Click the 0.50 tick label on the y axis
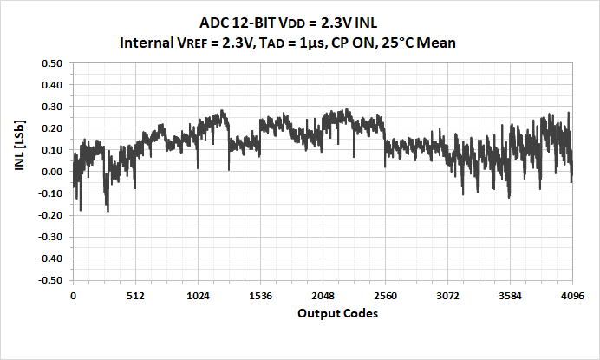click(x=52, y=63)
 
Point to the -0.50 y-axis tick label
click(x=50, y=281)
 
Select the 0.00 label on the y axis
click(x=52, y=172)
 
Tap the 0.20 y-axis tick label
click(x=52, y=128)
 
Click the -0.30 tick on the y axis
click(x=50, y=238)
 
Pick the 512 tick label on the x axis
click(x=135, y=296)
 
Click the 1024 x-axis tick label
click(x=198, y=296)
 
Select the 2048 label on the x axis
click(x=323, y=296)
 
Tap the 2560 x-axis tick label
click(x=385, y=296)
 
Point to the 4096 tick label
click(x=572, y=296)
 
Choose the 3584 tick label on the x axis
click(x=510, y=296)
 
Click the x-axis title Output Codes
click(x=337, y=313)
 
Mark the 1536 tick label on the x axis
click(x=260, y=296)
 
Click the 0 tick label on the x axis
click(x=74, y=296)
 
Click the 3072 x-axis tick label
click(x=447, y=296)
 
